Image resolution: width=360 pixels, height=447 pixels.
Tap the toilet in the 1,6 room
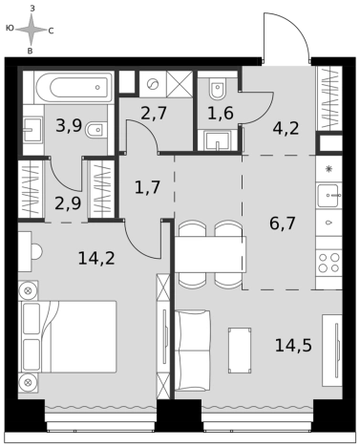point(218,88)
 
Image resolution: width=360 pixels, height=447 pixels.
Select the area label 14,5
point(293,346)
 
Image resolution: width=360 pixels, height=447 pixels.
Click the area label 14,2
point(96,258)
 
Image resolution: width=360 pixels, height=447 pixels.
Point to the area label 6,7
point(283,223)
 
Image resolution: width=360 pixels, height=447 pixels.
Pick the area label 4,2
point(286,129)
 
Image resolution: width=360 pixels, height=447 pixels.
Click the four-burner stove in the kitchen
point(329,263)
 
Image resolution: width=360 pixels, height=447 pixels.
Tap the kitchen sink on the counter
point(329,195)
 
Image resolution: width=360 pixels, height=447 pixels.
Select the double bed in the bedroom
point(68,336)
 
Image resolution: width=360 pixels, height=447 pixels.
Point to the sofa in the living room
point(193,351)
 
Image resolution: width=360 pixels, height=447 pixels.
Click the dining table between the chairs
point(210,254)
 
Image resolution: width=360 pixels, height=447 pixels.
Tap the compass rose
point(31,30)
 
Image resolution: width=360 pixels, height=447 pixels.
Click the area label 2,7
point(154,114)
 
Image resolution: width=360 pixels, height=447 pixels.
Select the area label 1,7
point(147,187)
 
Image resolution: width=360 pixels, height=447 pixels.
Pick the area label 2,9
point(68,203)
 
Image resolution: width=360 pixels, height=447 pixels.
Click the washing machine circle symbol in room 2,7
point(153,84)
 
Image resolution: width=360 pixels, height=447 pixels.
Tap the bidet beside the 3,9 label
point(95,130)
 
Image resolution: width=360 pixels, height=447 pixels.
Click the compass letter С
point(51,31)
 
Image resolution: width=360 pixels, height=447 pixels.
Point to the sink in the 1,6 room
point(218,140)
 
